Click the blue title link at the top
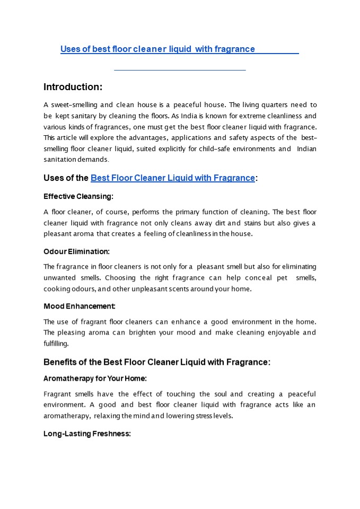tap(157, 49)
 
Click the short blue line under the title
tap(180, 70)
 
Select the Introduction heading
tap(73, 87)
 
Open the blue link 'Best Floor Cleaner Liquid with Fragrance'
tap(173, 178)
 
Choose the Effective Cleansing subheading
tap(78, 196)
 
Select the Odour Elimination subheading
tap(76, 251)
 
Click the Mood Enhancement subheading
tap(80, 306)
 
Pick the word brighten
tap(156, 332)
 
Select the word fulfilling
tap(56, 344)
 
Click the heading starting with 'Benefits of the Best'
tap(157, 362)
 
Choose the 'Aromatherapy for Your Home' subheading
tap(95, 379)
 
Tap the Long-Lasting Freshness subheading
tap(87, 434)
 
